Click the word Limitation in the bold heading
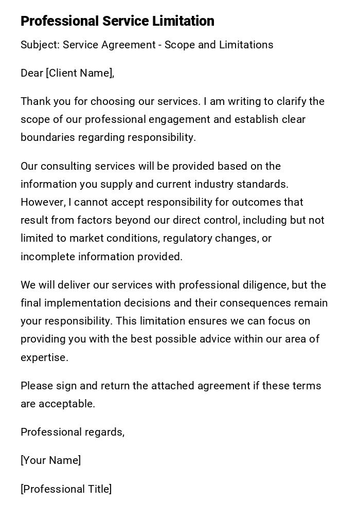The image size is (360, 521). [183, 21]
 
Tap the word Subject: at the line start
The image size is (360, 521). [40, 45]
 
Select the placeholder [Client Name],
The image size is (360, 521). [80, 73]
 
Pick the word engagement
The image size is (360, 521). [179, 119]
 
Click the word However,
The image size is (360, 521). [43, 202]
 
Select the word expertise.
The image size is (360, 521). [44, 357]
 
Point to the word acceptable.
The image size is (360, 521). [66, 404]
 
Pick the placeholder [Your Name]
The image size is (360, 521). [51, 460]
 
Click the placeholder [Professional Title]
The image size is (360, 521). [66, 489]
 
